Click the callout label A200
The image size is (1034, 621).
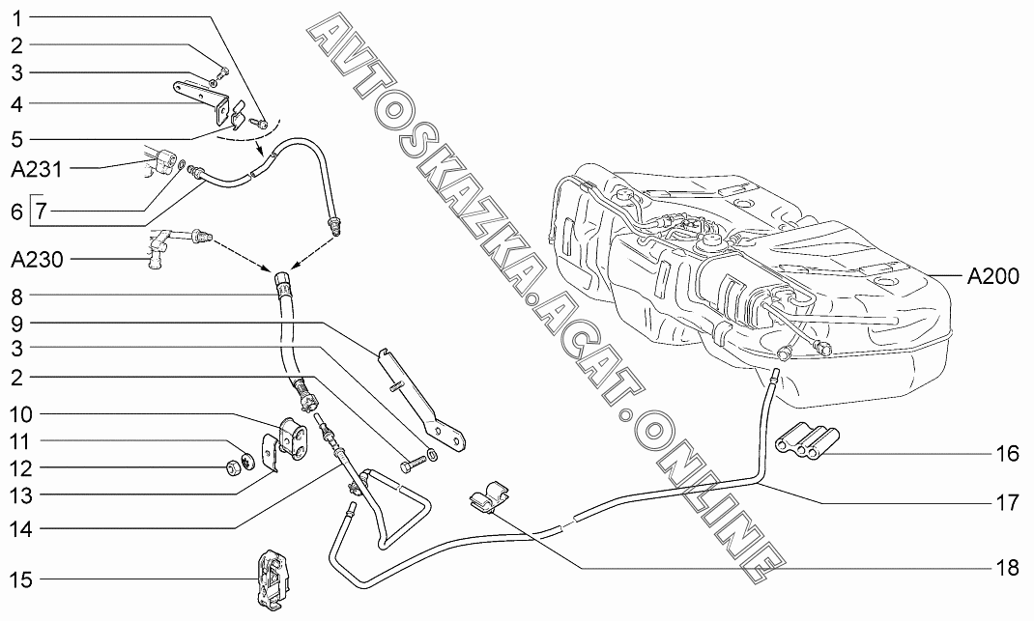(x=992, y=276)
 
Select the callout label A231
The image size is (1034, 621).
(x=37, y=171)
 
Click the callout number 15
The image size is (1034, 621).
(x=20, y=580)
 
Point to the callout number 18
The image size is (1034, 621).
(x=1007, y=568)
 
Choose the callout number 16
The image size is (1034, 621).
(x=1007, y=452)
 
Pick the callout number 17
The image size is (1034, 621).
(x=1007, y=502)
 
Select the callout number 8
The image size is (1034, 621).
(x=16, y=294)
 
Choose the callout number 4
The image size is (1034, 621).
(x=16, y=102)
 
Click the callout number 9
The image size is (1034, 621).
(x=16, y=322)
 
